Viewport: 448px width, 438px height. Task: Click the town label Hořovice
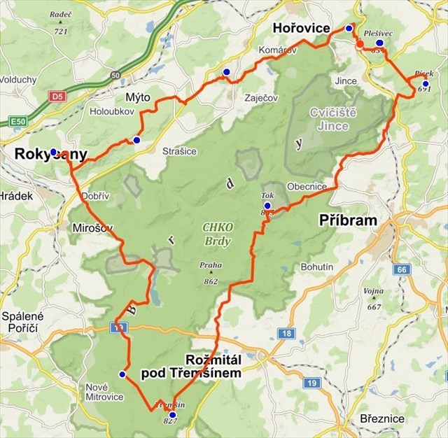[301, 29]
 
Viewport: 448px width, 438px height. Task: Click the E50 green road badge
[19, 122]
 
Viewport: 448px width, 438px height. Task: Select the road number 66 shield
[400, 269]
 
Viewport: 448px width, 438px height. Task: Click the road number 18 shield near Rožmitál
[286, 334]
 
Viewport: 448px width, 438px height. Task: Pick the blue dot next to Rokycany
[53, 151]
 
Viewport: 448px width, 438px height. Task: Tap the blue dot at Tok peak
[267, 206]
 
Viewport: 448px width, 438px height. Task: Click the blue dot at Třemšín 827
[172, 415]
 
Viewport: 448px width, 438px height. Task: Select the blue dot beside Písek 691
[425, 84]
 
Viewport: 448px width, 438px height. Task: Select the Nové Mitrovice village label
[104, 392]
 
